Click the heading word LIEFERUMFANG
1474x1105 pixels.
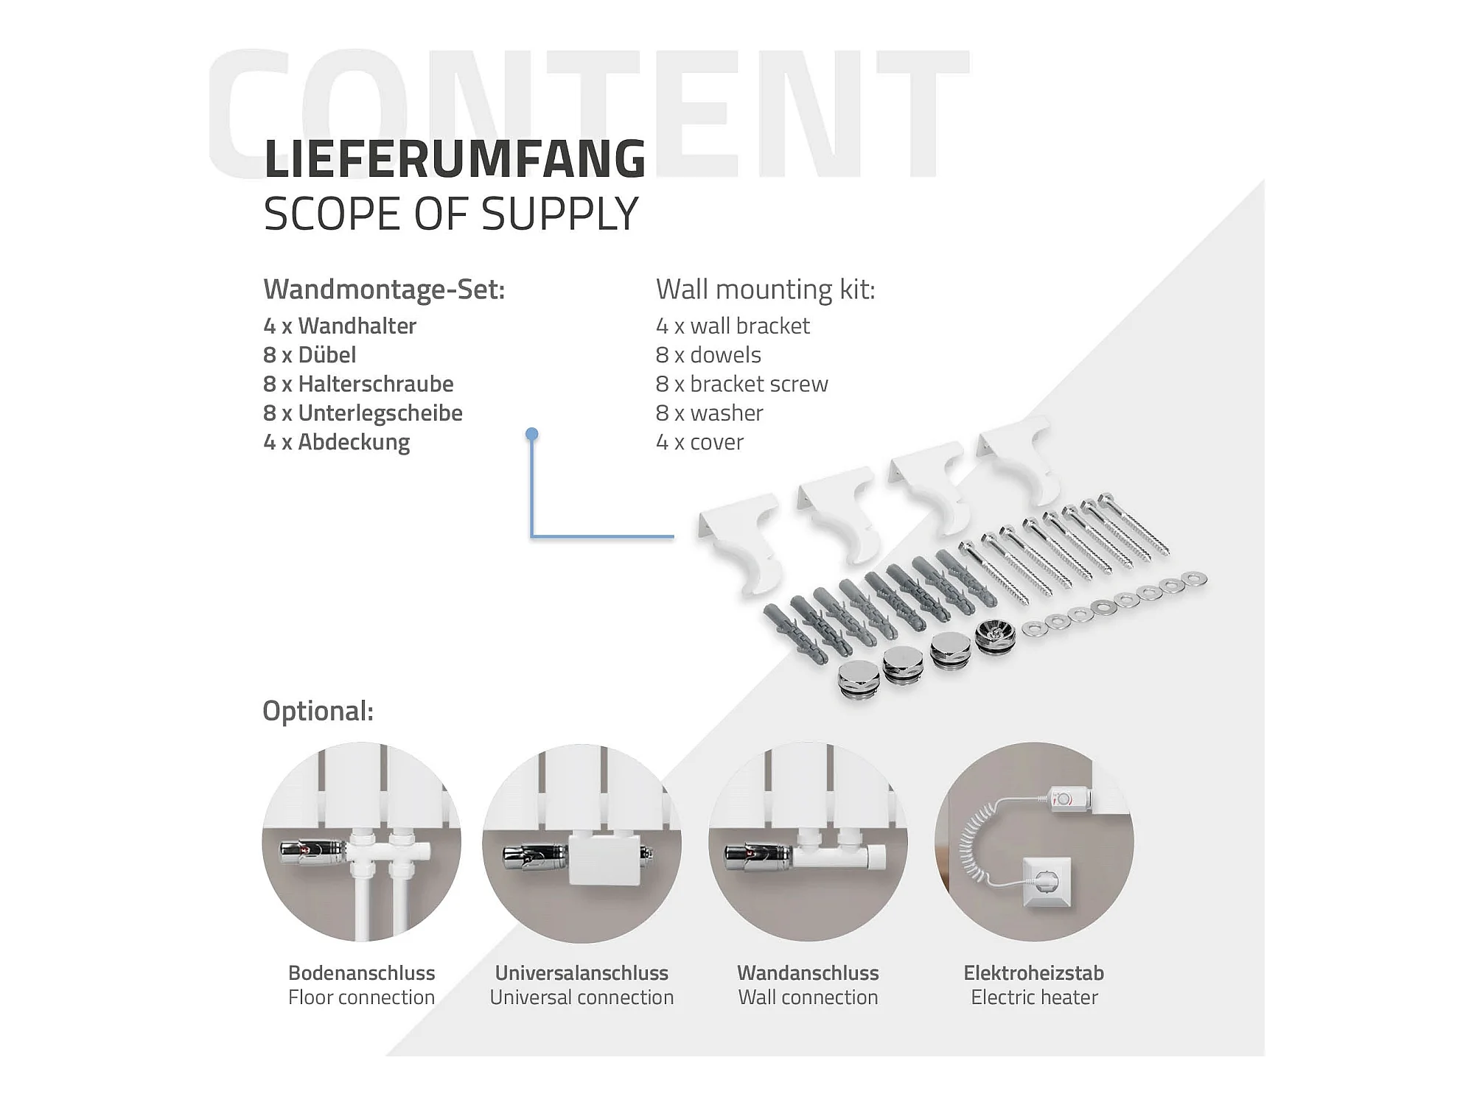tap(455, 159)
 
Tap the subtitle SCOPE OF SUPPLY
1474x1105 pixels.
tap(450, 214)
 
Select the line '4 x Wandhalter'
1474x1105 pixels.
tap(340, 326)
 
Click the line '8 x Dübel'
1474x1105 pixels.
tap(310, 355)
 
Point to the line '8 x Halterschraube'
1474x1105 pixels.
tap(358, 384)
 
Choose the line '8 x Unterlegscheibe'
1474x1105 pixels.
tap(363, 413)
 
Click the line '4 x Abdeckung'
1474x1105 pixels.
tap(336, 442)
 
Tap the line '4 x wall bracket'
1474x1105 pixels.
tap(733, 326)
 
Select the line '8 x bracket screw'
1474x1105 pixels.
tap(741, 384)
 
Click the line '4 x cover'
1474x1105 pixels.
tap(699, 442)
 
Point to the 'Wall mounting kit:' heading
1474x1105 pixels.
tap(765, 290)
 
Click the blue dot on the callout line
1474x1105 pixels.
tap(531, 434)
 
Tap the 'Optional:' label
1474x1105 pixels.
tap(318, 711)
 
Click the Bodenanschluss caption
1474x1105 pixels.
tap(361, 973)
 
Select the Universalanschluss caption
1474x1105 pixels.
tap(581, 973)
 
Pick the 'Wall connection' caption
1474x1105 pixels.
tap(808, 997)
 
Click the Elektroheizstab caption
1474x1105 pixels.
tap(1033, 973)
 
